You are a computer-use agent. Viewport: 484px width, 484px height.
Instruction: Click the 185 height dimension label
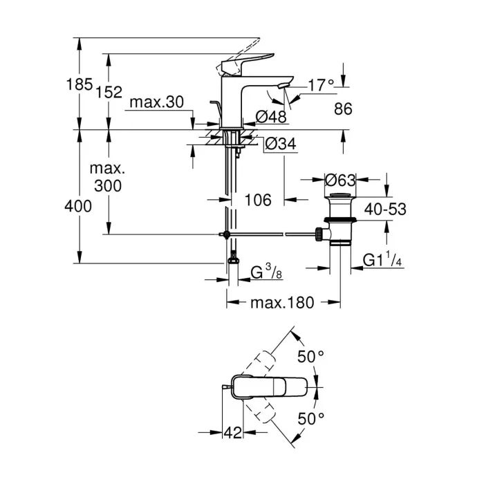pos(80,85)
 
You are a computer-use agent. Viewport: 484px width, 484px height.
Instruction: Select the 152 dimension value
pos(109,92)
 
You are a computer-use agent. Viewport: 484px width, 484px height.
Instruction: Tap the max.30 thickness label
pos(157,102)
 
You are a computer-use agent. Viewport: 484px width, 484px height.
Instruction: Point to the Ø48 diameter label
pos(272,116)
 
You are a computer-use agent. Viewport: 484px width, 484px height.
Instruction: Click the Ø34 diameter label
pos(281,145)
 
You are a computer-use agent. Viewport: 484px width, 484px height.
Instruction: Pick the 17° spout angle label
pos(320,85)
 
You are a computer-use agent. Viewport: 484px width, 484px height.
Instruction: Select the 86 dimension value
pos(343,109)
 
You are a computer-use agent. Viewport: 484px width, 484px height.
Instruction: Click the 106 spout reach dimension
pos(258,200)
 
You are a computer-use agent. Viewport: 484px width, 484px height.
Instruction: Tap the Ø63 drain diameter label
pos(340,180)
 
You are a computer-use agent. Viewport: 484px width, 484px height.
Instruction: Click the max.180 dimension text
pos(282,302)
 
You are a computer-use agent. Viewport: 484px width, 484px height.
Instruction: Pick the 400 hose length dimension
pos(79,205)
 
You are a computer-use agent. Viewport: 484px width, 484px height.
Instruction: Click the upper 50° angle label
pos(310,357)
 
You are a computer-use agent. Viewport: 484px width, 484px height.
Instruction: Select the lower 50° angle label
pos(310,419)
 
